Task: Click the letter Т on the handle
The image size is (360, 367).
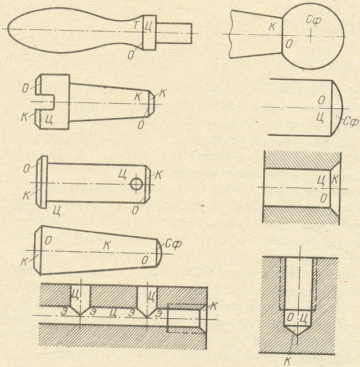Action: point(136,26)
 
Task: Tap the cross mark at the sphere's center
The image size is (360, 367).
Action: point(311,35)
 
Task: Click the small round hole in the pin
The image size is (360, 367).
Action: point(136,183)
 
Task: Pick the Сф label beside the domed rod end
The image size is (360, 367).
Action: point(350,120)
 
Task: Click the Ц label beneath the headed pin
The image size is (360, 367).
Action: point(57,210)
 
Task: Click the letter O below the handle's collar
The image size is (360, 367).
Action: point(130,53)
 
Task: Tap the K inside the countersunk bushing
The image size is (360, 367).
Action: point(335,180)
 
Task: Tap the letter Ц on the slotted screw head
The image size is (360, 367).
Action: point(51,119)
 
